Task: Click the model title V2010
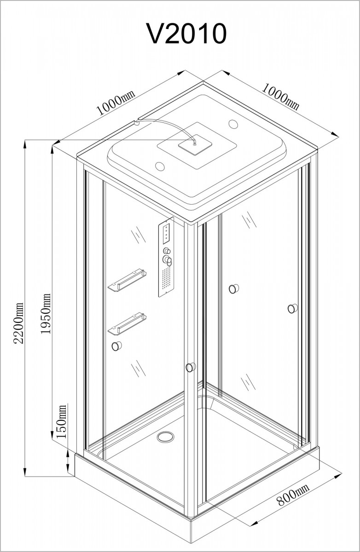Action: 186,34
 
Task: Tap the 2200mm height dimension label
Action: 18,323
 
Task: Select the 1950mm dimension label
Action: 46,313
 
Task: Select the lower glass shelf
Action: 127,324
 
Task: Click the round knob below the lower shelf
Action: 116,346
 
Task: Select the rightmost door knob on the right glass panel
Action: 293,308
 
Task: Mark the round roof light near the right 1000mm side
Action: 233,123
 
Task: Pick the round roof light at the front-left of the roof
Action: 160,166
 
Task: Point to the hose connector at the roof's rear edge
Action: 136,122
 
